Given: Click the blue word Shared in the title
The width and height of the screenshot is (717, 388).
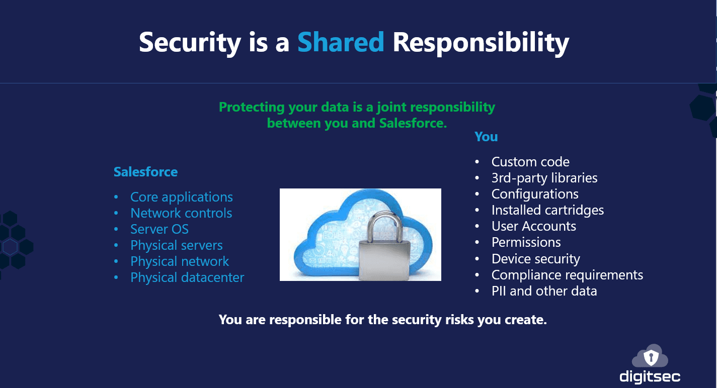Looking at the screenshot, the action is pyautogui.click(x=341, y=42).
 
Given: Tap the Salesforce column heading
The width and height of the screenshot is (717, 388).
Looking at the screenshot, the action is pyautogui.click(x=145, y=172).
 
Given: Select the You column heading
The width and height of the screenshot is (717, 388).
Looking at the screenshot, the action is pyautogui.click(x=486, y=137).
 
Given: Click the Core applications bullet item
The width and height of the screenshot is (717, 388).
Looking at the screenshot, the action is pyautogui.click(x=182, y=197).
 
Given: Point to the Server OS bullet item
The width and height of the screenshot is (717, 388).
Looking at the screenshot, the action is pyautogui.click(x=160, y=229).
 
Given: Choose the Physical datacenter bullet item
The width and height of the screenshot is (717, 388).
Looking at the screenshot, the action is pyautogui.click(x=187, y=277).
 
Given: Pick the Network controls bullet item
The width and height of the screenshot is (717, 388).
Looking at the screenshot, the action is pyautogui.click(x=181, y=213).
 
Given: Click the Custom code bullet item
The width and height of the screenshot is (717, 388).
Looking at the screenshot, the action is pyautogui.click(x=530, y=162).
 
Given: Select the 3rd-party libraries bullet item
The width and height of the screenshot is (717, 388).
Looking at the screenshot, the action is pyautogui.click(x=544, y=178).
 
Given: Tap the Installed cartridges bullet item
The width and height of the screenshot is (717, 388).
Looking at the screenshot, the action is pyautogui.click(x=547, y=210).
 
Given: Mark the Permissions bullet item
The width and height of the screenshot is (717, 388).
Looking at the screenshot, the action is pyautogui.click(x=526, y=242).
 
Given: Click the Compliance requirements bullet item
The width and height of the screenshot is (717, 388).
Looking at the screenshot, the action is pyautogui.click(x=567, y=275).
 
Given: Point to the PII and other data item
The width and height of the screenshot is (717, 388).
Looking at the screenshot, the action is pyautogui.click(x=544, y=291).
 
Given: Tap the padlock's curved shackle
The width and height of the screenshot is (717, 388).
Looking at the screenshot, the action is pyautogui.click(x=384, y=224).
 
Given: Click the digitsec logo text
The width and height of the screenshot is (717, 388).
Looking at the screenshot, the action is pyautogui.click(x=650, y=376).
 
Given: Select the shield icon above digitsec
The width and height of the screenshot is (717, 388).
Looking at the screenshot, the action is pyautogui.click(x=651, y=357).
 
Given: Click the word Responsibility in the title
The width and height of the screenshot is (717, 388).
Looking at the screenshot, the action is pyautogui.click(x=481, y=43).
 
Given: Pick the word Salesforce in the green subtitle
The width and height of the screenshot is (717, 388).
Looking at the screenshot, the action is pyautogui.click(x=413, y=123).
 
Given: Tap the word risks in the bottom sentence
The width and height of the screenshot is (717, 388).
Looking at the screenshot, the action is pyautogui.click(x=459, y=320).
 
